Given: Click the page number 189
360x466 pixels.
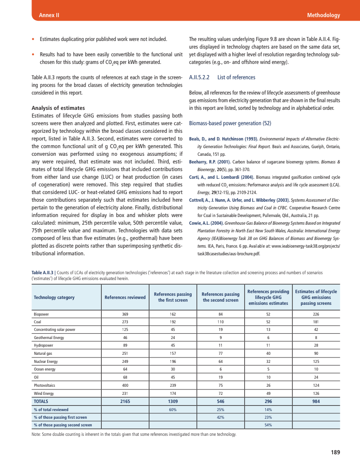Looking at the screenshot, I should (335, 452).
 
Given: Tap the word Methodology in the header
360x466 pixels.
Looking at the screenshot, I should (323, 15).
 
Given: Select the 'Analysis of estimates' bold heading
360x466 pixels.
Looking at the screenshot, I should (58, 108).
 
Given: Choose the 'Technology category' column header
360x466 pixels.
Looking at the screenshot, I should (54, 297).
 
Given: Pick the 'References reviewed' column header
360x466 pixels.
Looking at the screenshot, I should (125, 297).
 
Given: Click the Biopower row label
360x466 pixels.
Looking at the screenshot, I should (42, 314).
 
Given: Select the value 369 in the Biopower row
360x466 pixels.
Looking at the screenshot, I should (125, 314).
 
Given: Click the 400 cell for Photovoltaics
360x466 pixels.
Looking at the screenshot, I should (125, 385).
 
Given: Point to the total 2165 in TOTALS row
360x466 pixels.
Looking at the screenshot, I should (125, 401).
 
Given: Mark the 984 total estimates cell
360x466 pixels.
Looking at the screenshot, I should (316, 401).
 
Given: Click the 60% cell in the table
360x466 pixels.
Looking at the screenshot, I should (172, 410).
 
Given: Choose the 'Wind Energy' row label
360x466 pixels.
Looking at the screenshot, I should (44, 393).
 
